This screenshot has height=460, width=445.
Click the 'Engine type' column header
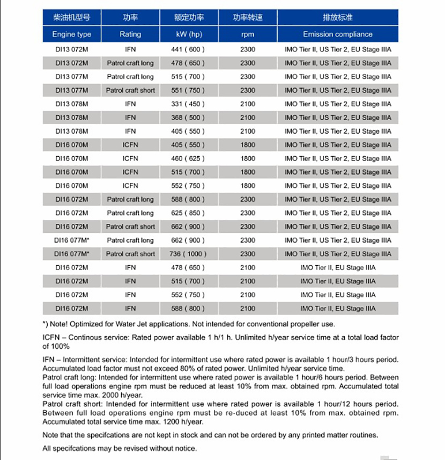pyautogui.click(x=71, y=34)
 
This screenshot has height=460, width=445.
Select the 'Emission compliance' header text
pyautogui.click(x=337, y=34)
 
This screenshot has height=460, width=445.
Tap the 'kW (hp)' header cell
pyautogui.click(x=189, y=34)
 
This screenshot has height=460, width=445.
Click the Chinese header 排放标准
pyautogui.click(x=337, y=17)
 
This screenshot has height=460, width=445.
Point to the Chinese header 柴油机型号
pyautogui.click(x=71, y=17)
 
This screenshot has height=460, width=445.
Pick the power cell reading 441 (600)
pyautogui.click(x=189, y=49)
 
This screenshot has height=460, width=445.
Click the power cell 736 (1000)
pyautogui.click(x=189, y=254)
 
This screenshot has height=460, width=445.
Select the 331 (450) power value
pyautogui.click(x=189, y=104)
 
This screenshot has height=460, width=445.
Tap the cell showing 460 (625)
pyautogui.click(x=189, y=158)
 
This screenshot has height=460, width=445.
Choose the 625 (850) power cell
pyautogui.click(x=189, y=213)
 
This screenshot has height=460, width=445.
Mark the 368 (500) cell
pyautogui.click(x=189, y=118)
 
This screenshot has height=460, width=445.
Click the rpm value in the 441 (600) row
pyautogui.click(x=248, y=49)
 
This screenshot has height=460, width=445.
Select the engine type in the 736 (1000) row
pyautogui.click(x=71, y=254)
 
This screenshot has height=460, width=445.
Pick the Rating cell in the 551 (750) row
pyautogui.click(x=130, y=90)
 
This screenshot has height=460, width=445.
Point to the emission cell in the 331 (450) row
pyautogui.click(x=337, y=104)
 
